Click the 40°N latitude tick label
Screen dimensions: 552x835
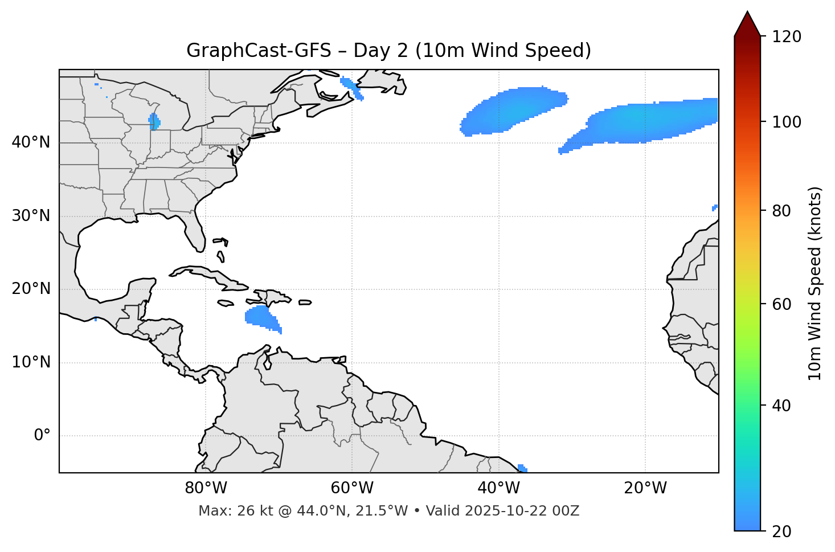31,142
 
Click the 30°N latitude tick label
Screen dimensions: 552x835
31,216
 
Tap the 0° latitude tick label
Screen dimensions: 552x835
42,436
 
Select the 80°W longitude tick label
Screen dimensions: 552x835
206,488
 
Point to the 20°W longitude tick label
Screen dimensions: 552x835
645,488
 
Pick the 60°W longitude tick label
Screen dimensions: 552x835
352,488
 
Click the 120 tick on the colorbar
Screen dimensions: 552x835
787,37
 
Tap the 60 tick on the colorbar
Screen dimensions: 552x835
782,304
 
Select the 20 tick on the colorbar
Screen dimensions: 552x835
781,531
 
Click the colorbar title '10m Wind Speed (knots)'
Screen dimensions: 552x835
815,283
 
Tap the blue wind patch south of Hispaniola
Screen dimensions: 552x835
261,317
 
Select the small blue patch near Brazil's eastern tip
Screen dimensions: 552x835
522,468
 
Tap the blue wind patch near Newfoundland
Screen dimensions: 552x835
350,87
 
